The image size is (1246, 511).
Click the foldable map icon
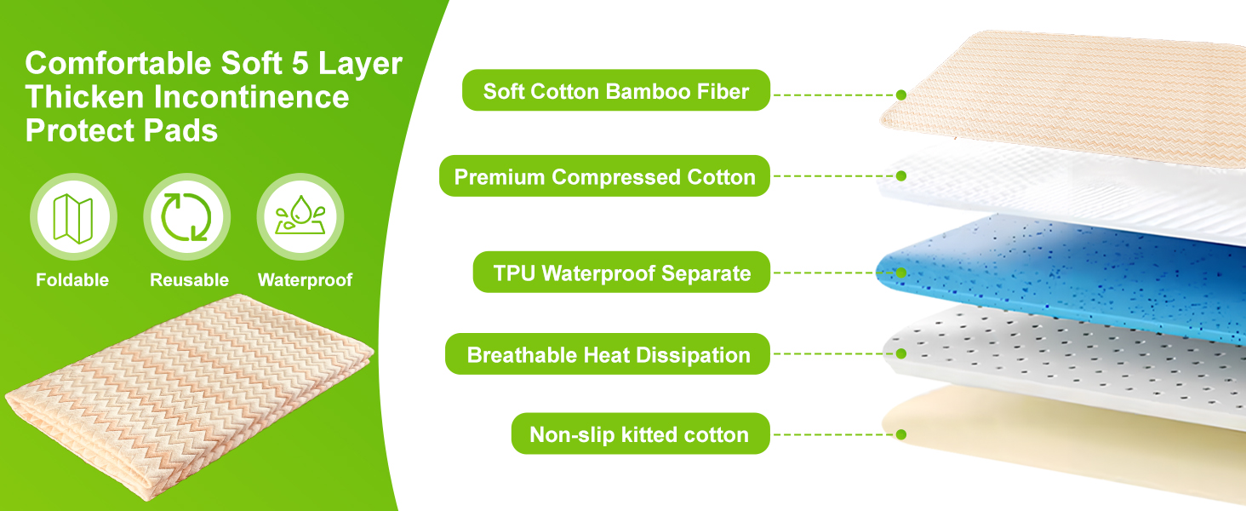point(73,217)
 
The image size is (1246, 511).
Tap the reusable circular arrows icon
point(187,217)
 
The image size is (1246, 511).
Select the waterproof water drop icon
point(300,215)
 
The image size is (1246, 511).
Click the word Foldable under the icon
point(72,279)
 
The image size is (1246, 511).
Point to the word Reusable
point(189,279)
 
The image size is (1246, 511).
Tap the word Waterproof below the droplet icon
point(305,279)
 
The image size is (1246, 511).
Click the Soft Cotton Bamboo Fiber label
point(616,90)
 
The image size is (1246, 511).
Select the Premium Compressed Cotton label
point(604,176)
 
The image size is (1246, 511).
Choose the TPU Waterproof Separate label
point(621,273)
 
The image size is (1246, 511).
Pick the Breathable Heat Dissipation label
point(608,354)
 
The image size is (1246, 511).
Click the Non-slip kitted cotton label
point(640,433)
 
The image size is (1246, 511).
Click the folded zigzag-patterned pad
point(189,396)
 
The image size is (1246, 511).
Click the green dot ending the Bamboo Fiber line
point(901,95)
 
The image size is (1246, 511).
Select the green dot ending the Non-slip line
point(901,434)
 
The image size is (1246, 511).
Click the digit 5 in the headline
point(300,63)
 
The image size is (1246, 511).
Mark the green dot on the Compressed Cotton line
point(901,176)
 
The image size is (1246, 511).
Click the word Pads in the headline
point(180,131)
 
